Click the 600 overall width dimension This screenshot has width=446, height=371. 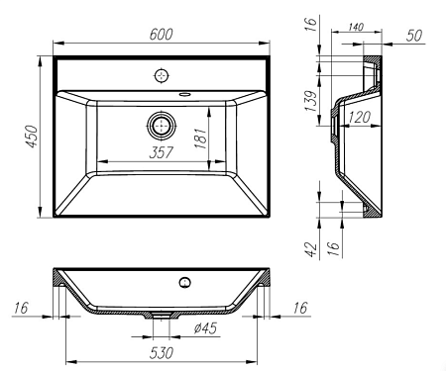click(161, 34)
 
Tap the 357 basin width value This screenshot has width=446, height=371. click(161, 152)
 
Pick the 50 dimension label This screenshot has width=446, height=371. click(416, 35)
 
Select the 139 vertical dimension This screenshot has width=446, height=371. click(310, 99)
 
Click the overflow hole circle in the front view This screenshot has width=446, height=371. click(183, 283)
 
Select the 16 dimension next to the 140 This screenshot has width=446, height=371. click(310, 25)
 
